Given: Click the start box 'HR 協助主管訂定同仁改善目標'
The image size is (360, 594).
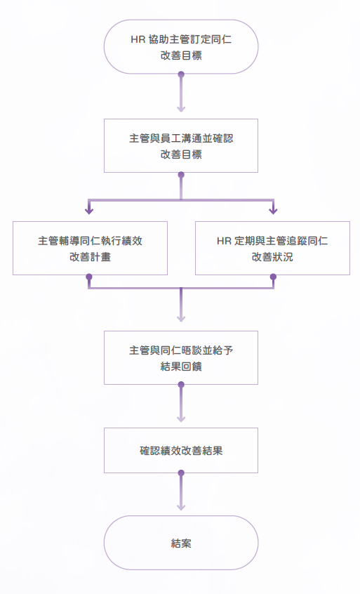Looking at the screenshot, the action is (x=181, y=46).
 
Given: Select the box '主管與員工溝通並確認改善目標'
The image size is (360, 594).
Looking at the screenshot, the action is (x=181, y=146).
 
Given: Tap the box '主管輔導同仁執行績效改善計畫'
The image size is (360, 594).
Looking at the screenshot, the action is (x=90, y=248).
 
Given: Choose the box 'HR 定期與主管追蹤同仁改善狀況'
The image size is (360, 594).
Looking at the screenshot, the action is (x=272, y=248).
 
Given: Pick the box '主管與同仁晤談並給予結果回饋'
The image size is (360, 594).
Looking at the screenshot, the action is (x=181, y=357).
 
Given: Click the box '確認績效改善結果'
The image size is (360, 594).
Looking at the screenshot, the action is (x=181, y=451).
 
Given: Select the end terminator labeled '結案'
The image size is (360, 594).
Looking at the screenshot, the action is (x=181, y=543).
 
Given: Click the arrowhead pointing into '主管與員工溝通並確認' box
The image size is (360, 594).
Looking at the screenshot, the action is (x=181, y=109).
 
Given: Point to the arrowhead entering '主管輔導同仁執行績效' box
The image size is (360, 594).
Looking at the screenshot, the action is (x=89, y=211).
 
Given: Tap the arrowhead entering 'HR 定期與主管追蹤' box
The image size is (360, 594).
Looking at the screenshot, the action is (x=273, y=211).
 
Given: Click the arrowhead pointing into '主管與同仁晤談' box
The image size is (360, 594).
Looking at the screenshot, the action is (x=181, y=319).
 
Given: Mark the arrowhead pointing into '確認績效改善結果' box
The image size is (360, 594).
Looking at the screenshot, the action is (x=181, y=418).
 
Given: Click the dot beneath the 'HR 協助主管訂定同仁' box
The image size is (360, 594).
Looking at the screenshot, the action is (x=181, y=74).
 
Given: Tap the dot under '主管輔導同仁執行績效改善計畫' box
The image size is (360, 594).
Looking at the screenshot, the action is (x=89, y=277).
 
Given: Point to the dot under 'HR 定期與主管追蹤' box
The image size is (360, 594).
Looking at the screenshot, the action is (x=273, y=277).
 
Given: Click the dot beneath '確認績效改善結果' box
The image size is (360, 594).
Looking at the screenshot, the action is (x=181, y=473).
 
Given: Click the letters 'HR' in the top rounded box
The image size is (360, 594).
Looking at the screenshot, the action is (x=138, y=39).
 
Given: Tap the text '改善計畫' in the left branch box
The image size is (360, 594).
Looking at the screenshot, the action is (x=90, y=257).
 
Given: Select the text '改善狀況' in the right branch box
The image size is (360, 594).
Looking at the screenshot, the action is (x=272, y=257).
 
